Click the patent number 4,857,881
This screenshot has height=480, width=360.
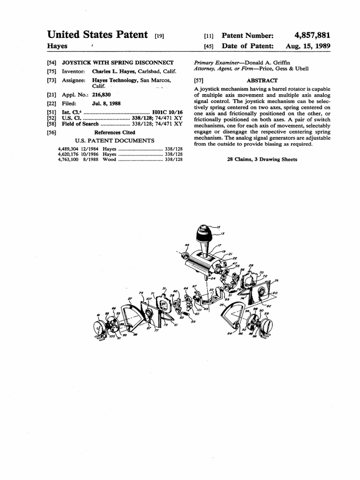(x=312, y=36)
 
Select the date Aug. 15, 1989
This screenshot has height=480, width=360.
(x=308, y=46)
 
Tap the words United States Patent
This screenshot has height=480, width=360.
(x=98, y=35)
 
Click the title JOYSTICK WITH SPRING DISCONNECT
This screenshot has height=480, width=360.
(x=118, y=62)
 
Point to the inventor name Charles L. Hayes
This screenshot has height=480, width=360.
(x=114, y=71)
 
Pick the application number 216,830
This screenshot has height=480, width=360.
(x=102, y=95)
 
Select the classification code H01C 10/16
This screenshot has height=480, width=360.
(x=167, y=112)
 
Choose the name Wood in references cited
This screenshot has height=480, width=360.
(x=109, y=159)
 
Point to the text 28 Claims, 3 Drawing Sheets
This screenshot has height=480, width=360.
(x=262, y=159)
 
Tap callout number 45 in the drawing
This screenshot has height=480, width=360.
(x=187, y=245)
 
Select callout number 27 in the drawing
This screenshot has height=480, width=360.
(x=129, y=299)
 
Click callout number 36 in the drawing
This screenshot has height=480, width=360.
(x=277, y=280)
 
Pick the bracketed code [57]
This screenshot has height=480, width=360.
(x=198, y=81)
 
